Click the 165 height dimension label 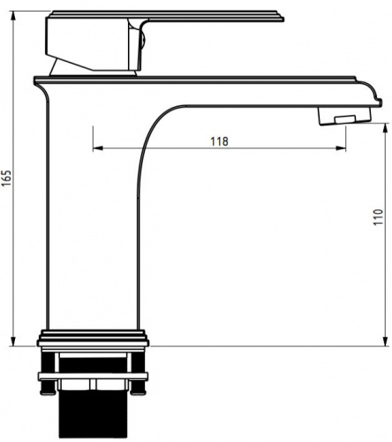pos(6,178)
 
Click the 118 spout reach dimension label pos(219,141)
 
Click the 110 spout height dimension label pos(378,217)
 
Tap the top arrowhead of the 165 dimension pos(12,15)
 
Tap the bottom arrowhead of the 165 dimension pos(12,342)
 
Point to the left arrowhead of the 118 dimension pos(98,148)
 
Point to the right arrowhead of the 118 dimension pos(341,148)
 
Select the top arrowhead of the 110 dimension pos(385,128)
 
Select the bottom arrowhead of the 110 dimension pos(385,341)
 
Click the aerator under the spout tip pos(344,116)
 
